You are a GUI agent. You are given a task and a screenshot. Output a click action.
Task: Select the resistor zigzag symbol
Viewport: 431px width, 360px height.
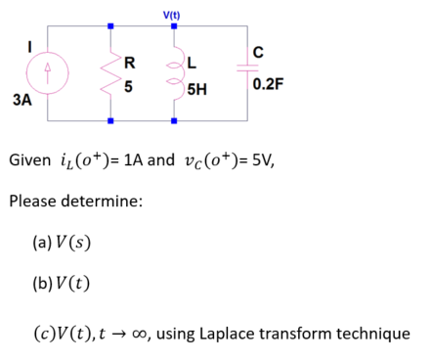110,73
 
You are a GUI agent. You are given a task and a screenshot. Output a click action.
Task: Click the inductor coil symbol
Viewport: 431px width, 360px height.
175,74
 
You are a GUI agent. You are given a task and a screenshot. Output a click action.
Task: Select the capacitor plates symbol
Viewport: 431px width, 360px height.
237,73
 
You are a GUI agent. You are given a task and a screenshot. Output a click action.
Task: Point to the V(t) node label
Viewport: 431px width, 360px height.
173,13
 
